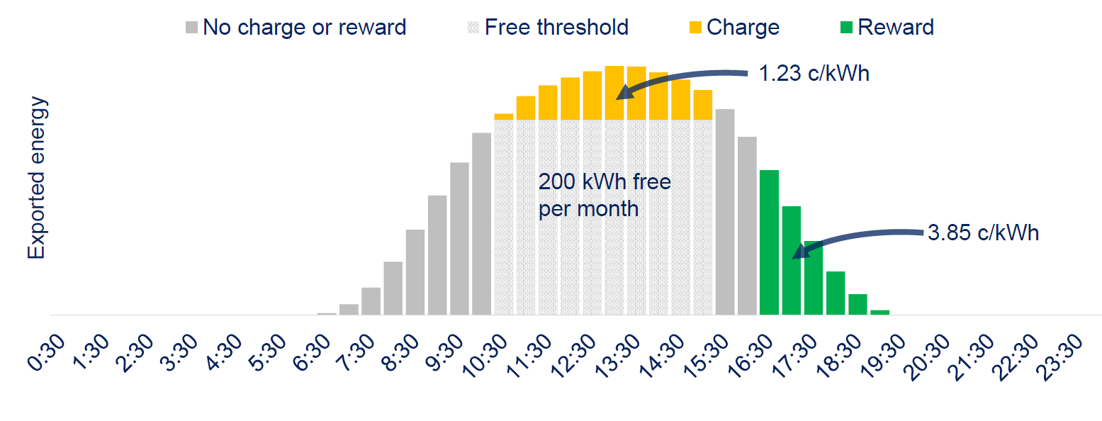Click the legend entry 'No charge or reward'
point(304,28)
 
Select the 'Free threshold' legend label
point(556,28)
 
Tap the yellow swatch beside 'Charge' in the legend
point(695,28)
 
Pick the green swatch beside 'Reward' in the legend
point(846,28)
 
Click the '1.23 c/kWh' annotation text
point(814,73)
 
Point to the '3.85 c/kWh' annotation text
point(983,233)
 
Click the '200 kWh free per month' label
point(604,196)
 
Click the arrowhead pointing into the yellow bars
point(623,93)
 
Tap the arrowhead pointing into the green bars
point(798,252)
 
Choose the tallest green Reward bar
point(769,242)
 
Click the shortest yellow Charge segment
point(503,117)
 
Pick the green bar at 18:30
point(858,304)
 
